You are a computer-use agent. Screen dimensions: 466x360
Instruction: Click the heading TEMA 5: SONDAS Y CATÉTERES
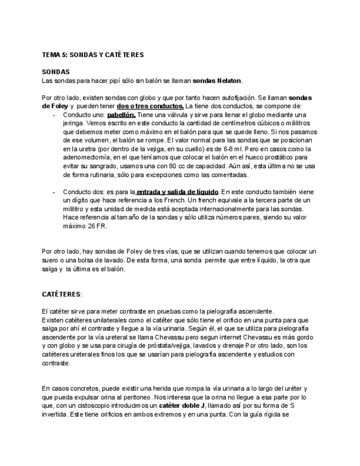pyautogui.click(x=93, y=55)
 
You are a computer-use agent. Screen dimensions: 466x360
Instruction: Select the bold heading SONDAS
pyautogui.click(x=56, y=72)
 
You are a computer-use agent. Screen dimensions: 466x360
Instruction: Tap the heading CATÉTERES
pyautogui.click(x=61, y=295)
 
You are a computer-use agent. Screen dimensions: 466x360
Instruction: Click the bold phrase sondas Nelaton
pyautogui.click(x=217, y=81)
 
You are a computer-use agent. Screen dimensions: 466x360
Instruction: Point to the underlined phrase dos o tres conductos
pyautogui.click(x=150, y=106)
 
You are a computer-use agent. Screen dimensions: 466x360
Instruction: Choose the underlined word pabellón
pyautogui.click(x=121, y=115)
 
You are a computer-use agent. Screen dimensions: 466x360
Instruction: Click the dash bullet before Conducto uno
pyautogui.click(x=54, y=115)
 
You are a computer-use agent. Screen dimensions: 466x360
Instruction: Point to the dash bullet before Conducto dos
pyautogui.click(x=54, y=192)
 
